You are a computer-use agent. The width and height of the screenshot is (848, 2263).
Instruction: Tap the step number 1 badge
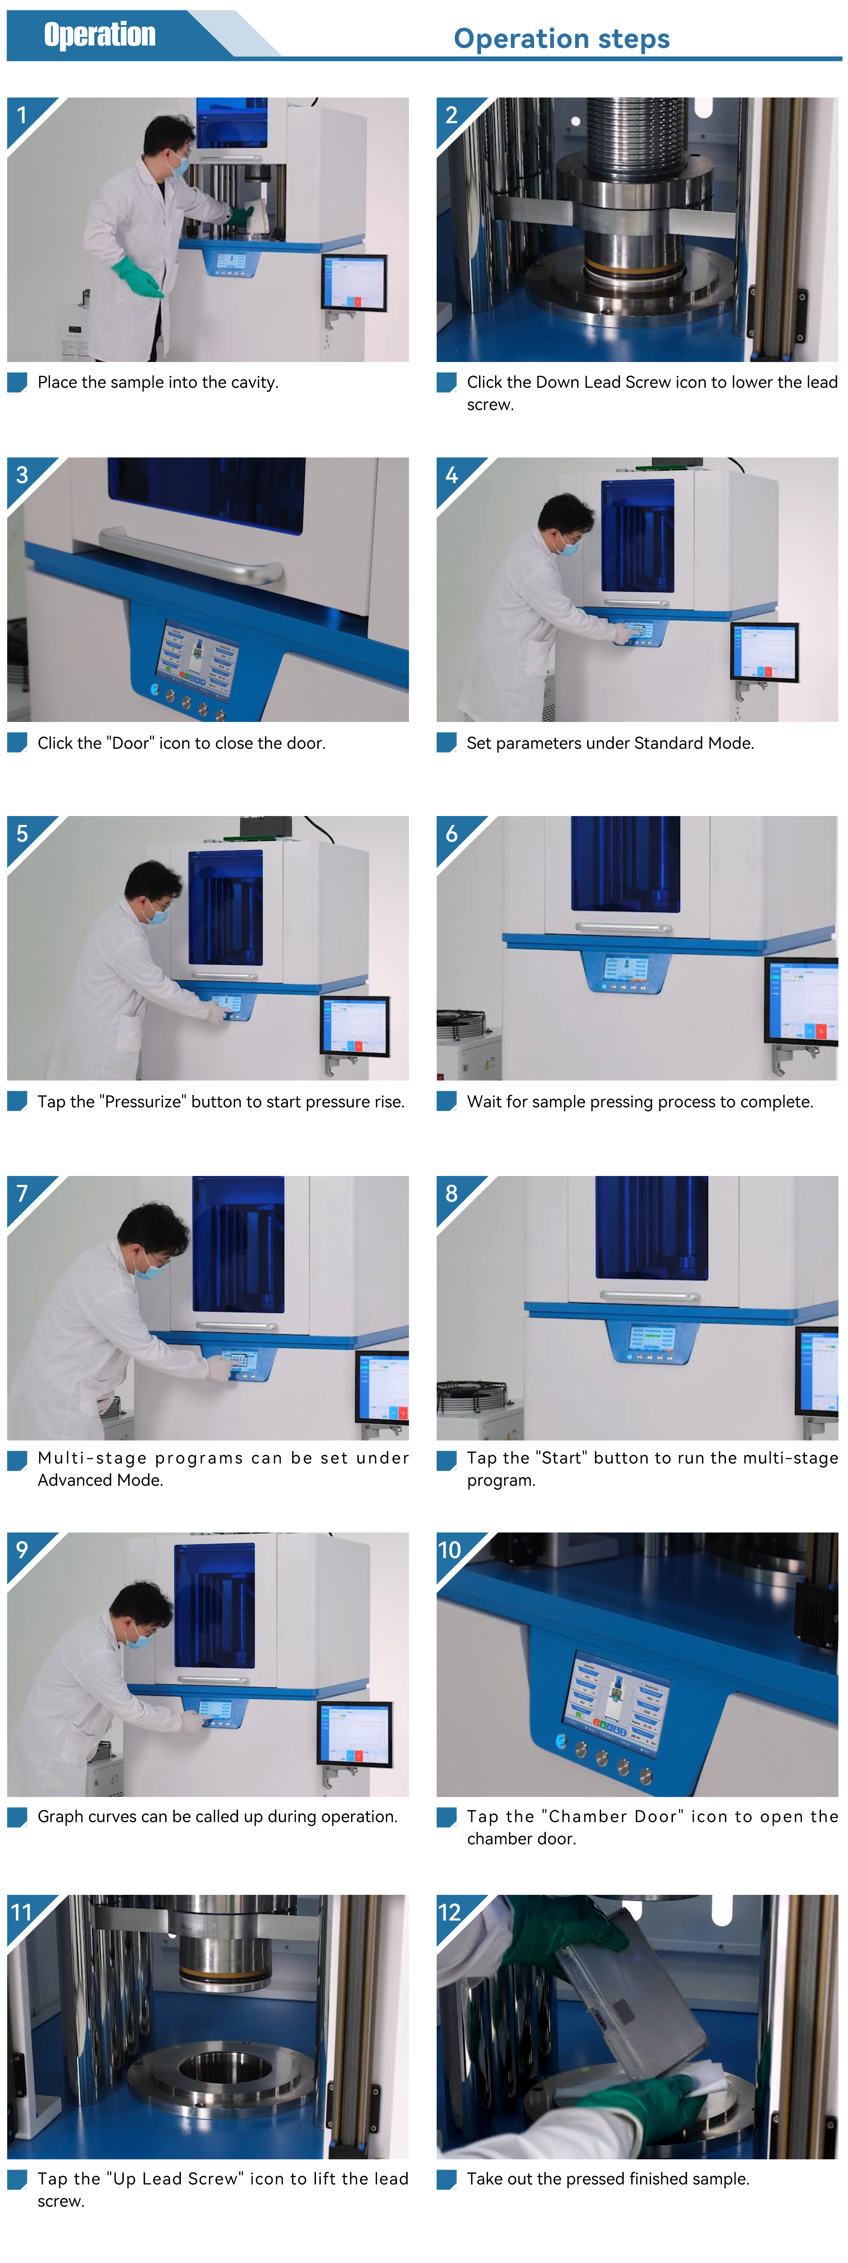coord(22,115)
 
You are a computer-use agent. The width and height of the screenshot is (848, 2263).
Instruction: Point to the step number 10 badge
coord(449,1550)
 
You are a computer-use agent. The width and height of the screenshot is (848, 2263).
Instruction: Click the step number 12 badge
coord(449,1912)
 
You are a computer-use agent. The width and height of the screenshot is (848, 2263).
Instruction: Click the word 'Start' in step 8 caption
coord(562,1458)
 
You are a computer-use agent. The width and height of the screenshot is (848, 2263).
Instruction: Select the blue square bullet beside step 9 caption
coord(17,1817)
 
